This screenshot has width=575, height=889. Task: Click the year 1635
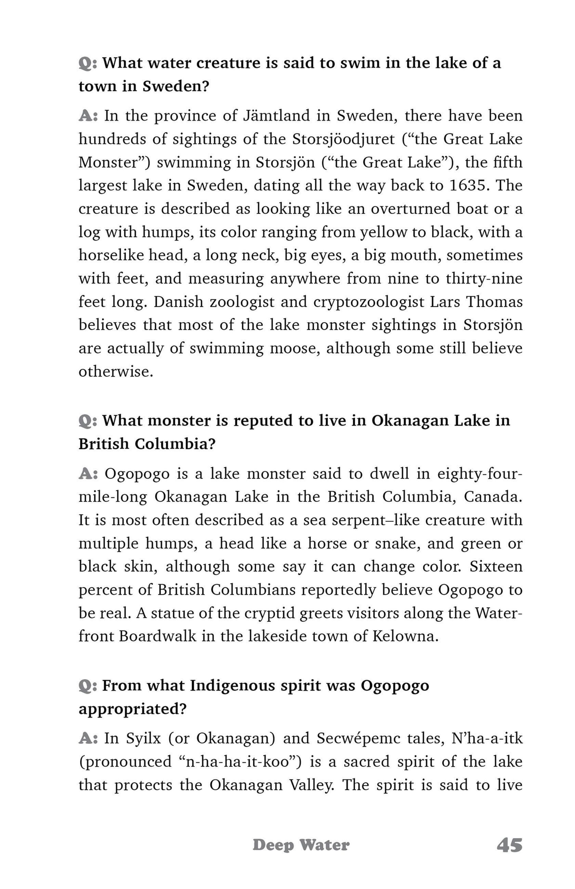[x=469, y=185]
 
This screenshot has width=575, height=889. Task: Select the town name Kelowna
[x=405, y=636]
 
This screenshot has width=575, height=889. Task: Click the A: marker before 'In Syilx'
[x=88, y=738]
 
